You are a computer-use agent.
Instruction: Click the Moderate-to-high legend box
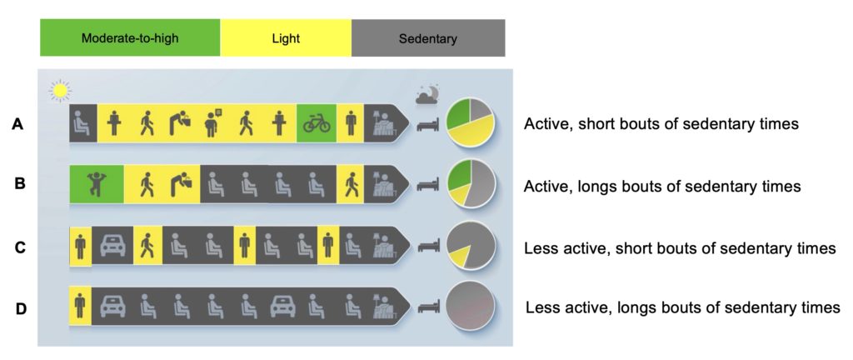[130, 38]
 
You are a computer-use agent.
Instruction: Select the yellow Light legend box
[285, 38]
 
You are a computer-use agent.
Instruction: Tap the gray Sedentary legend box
[427, 38]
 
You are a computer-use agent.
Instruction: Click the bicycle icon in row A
[317, 124]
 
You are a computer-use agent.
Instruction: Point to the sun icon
[59, 88]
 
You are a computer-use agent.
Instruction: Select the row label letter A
[17, 124]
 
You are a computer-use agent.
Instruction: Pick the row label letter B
[20, 184]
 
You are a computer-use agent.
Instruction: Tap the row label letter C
[20, 247]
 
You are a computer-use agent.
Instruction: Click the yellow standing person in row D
[80, 306]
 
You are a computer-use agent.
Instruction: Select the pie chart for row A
[471, 123]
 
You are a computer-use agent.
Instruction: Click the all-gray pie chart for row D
[471, 306]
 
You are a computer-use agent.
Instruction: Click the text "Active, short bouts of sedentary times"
[661, 124]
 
